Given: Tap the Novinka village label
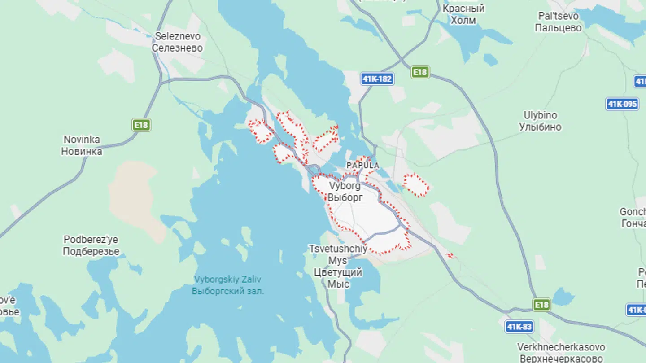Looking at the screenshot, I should tap(82, 145).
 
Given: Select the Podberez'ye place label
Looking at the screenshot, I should tap(91, 245).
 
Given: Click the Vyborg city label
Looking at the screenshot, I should tap(345, 192).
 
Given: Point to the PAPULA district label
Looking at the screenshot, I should tap(362, 166).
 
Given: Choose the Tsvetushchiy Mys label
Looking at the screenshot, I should tap(338, 266).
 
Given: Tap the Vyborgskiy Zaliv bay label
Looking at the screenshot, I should tap(228, 285).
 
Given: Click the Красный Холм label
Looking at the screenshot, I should tap(463, 14).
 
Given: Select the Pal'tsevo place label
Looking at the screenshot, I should tap(559, 22).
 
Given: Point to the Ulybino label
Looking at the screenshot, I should tap(540, 121).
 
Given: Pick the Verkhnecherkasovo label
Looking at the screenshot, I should tap(561, 353).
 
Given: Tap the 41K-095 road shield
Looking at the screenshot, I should tap(622, 104).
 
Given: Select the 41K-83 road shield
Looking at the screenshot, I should tap(519, 327).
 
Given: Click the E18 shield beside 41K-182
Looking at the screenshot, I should tap(420, 72).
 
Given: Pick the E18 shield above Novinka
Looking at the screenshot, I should tap(141, 125).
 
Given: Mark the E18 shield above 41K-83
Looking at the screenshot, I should tap(541, 305).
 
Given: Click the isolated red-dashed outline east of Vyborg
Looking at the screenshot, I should tap(415, 185).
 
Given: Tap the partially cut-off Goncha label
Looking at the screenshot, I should tap(633, 217).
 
